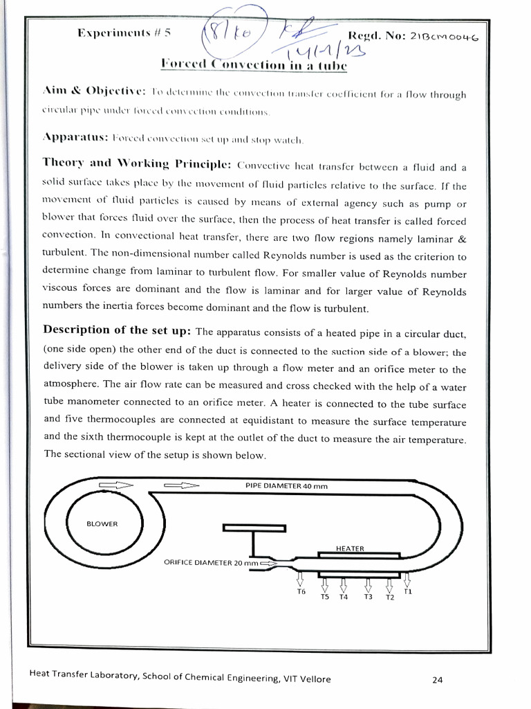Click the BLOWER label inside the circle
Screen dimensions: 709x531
coord(102,523)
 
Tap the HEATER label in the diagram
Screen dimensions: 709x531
coord(349,548)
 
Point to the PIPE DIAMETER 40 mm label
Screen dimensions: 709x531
coord(286,486)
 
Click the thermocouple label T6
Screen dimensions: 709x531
coord(301,592)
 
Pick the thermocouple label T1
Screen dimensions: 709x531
coord(408,591)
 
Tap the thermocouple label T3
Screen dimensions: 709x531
coord(368,597)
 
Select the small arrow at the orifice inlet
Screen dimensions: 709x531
coord(268,564)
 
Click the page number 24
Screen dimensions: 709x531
coord(437,679)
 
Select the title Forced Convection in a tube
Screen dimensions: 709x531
coord(253,66)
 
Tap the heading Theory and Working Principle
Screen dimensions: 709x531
coord(136,163)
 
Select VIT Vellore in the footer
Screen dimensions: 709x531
coord(306,679)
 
